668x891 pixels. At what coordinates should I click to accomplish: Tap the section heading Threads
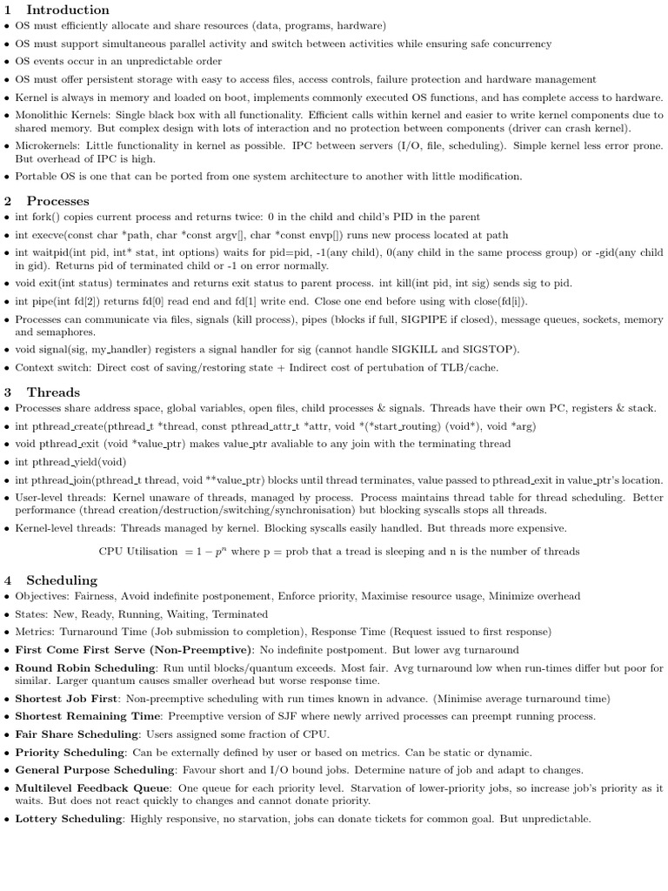53,392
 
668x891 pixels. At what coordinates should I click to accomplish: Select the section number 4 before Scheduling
8,580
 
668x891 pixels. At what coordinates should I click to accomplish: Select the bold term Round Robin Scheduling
85,668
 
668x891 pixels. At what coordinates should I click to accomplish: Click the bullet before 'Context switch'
7,368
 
